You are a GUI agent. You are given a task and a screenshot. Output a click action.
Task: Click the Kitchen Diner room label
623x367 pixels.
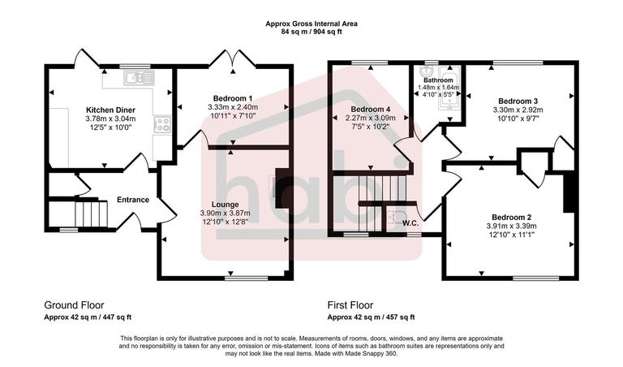point(110,110)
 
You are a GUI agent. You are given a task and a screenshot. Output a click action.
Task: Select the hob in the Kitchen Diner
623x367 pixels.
point(162,124)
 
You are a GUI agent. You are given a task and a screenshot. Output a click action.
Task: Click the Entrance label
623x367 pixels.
point(133,200)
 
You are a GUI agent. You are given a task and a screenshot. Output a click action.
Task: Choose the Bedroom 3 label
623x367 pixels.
point(517,99)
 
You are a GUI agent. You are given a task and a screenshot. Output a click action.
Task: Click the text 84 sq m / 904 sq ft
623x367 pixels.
point(311,32)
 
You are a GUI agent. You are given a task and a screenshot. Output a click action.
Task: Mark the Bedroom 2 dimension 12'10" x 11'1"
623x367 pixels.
point(511,235)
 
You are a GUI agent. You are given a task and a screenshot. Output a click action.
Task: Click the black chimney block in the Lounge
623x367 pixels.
point(281,188)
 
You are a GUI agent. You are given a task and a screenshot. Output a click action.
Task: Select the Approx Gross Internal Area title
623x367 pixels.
point(311,24)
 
